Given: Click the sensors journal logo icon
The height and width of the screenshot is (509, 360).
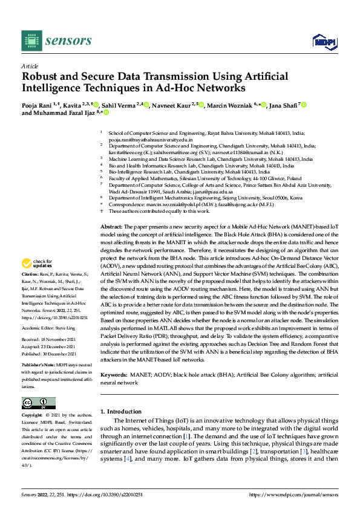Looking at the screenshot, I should coord(31,41).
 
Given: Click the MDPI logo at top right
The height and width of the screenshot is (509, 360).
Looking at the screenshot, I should coord(323,41).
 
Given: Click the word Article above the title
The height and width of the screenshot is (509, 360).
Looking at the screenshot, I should coord(30,66).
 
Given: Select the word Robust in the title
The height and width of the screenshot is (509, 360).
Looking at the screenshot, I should coord(40,77).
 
